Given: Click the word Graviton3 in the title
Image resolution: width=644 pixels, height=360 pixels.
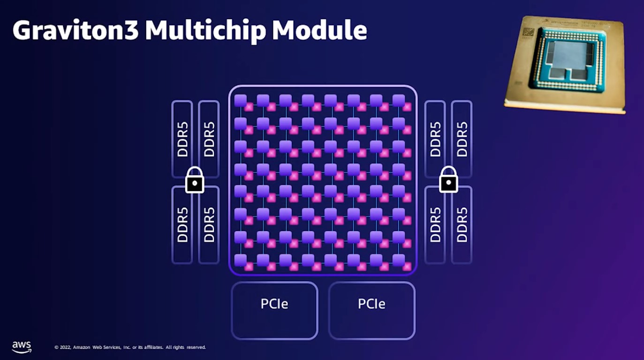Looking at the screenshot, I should pyautogui.click(x=75, y=30).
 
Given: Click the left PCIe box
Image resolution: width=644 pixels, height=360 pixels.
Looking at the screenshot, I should pyautogui.click(x=274, y=310).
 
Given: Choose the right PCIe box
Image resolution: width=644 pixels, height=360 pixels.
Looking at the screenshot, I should pyautogui.click(x=371, y=310).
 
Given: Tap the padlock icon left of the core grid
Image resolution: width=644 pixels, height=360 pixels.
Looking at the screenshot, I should pyautogui.click(x=195, y=180).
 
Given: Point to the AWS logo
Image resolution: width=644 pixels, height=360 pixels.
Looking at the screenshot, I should pyautogui.click(x=22, y=346).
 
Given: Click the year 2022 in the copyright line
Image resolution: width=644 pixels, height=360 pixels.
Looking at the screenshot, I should pyautogui.click(x=65, y=347).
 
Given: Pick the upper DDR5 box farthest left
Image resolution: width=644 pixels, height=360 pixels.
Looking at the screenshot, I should pyautogui.click(x=182, y=139).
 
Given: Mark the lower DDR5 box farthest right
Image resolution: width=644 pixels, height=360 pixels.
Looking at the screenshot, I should pyautogui.click(x=462, y=225).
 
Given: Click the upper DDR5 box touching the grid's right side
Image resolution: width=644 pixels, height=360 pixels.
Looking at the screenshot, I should pyautogui.click(x=435, y=139).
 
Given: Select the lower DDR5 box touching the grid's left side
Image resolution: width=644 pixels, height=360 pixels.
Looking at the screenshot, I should pyautogui.click(x=209, y=225).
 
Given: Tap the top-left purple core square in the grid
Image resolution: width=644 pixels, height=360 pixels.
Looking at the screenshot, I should pyautogui.click(x=240, y=100).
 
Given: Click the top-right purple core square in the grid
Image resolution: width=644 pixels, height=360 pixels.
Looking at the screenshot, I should pyautogui.click(x=399, y=100).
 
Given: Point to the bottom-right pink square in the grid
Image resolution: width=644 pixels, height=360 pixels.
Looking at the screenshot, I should pyautogui.click(x=407, y=267).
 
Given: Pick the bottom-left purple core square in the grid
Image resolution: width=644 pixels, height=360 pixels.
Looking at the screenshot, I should pyautogui.click(x=240, y=260).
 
